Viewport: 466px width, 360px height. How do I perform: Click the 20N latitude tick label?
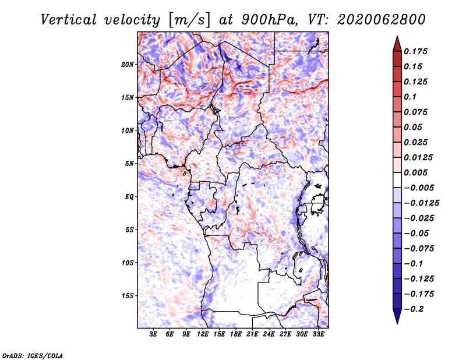tap(128, 64)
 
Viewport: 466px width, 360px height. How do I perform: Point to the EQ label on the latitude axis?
tap(129, 196)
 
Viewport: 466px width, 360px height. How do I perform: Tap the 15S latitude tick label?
tap(128, 295)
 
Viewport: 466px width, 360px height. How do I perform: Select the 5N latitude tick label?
tap(129, 163)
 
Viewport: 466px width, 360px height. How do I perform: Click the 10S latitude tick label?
tap(128, 263)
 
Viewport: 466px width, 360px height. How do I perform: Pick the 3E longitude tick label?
tap(154, 334)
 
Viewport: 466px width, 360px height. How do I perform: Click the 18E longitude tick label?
tap(236, 334)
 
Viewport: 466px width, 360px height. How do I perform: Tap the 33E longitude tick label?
tap(319, 334)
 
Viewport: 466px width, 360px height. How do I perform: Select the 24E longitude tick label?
tap(269, 334)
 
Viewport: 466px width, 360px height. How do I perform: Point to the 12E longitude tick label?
tap(203, 334)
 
